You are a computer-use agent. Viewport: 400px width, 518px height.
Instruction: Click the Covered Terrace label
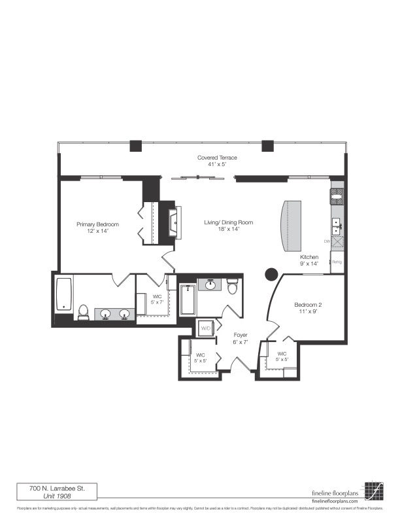coord(218,158)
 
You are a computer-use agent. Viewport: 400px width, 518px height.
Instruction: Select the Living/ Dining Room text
coord(228,222)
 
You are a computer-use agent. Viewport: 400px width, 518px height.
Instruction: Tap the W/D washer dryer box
coord(205,328)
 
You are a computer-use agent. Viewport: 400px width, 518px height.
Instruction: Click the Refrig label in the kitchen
coord(337,262)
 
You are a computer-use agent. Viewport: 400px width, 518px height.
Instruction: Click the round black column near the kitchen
coord(271,274)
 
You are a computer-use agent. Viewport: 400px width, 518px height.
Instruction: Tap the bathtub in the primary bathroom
coord(64,294)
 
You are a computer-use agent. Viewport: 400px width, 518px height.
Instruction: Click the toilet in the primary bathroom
coord(83,312)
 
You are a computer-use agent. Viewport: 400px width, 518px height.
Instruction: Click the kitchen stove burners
coord(337,194)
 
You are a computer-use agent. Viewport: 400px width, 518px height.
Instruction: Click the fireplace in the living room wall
coord(173,222)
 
